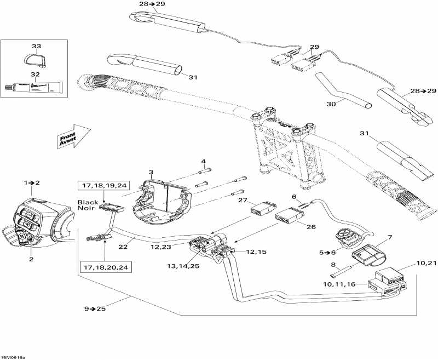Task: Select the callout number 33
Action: tap(36, 46)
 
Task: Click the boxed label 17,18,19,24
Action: tap(103, 186)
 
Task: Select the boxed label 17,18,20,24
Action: tap(106, 268)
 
